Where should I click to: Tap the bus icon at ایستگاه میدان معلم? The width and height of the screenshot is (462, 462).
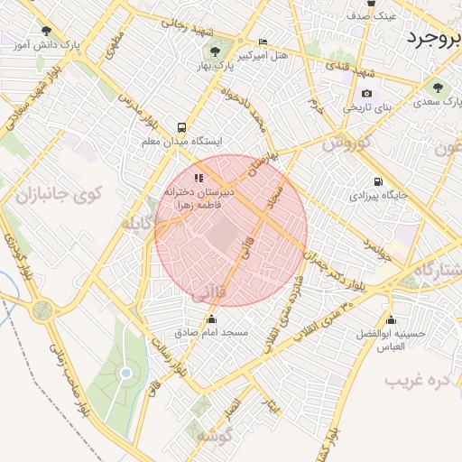pyautogui.click(x=182, y=128)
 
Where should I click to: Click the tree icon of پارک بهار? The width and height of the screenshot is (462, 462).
pyautogui.click(x=215, y=51)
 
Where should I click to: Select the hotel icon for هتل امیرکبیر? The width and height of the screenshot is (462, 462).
pyautogui.click(x=263, y=42)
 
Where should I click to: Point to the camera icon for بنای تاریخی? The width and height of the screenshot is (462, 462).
pyautogui.click(x=366, y=93)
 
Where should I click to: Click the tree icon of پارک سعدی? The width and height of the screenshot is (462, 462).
pyautogui.click(x=438, y=88)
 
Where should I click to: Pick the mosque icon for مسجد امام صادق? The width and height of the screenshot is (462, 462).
pyautogui.click(x=212, y=319)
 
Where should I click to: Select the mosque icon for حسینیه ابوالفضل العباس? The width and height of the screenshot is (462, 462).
pyautogui.click(x=391, y=320)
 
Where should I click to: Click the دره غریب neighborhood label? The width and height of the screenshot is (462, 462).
pyautogui.click(x=418, y=380)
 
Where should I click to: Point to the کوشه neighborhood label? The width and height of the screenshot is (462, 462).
pyautogui.click(x=217, y=437)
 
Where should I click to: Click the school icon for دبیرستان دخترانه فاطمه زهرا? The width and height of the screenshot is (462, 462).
pyautogui.click(x=199, y=178)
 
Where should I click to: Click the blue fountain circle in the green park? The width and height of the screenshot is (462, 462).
pyautogui.click(x=125, y=373)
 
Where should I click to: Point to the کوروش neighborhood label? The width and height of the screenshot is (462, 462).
pyautogui.click(x=346, y=143)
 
